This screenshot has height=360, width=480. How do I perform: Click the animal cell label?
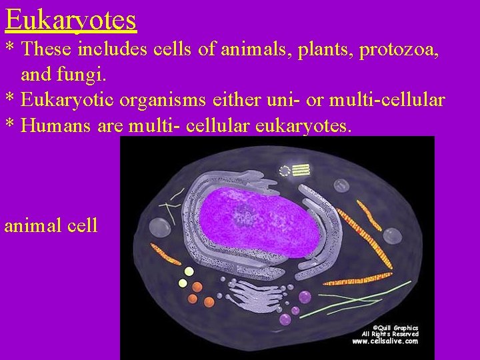point(51,225)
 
